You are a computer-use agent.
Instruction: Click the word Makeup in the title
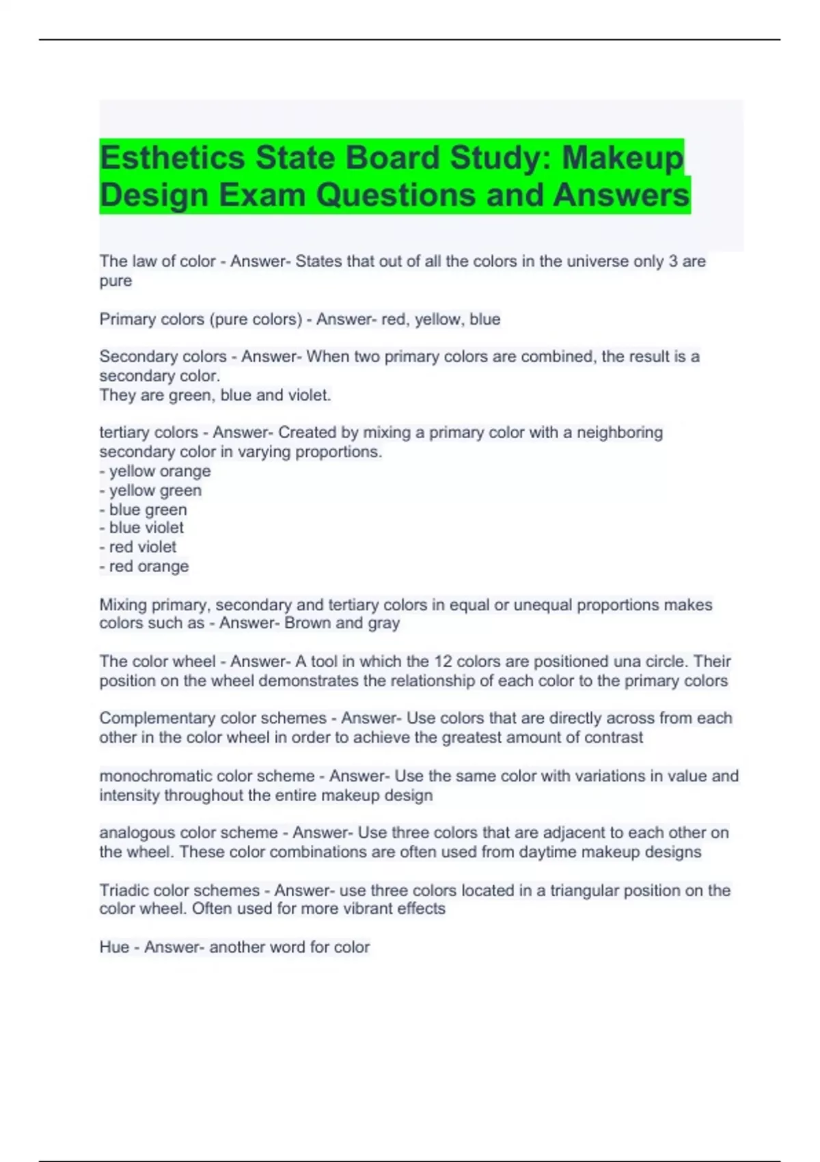point(622,158)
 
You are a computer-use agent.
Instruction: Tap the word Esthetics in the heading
point(172,158)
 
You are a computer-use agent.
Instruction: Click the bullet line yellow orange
point(155,471)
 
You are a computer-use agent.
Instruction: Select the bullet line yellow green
point(150,490)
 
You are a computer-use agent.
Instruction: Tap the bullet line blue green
point(143,509)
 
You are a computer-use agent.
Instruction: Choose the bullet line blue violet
point(141,528)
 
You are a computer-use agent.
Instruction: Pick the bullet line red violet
point(138,547)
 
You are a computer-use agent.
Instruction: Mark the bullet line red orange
point(144,566)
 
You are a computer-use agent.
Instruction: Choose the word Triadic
point(123,890)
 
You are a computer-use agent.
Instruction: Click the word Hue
point(114,947)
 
